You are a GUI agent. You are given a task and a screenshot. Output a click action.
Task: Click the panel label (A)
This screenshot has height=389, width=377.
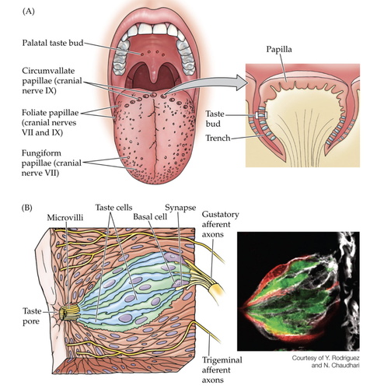pyautogui.click(x=28, y=12)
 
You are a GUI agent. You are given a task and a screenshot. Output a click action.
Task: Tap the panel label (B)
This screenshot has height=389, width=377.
pyautogui.click(x=27, y=208)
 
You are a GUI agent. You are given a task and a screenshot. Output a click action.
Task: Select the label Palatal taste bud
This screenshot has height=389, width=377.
pyautogui.click(x=53, y=43)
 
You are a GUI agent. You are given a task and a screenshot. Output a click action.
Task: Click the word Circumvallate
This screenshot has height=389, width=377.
pyautogui.click(x=48, y=71)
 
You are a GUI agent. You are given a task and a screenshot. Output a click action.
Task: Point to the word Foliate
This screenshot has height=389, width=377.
pyautogui.click(x=34, y=113)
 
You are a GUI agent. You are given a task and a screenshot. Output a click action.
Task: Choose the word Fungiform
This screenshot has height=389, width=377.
pyautogui.click(x=41, y=153)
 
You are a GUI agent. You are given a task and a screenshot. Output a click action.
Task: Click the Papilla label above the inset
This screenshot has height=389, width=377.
pyautogui.click(x=279, y=49)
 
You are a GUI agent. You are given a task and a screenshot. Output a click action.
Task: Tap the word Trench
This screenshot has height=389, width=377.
pyautogui.click(x=218, y=138)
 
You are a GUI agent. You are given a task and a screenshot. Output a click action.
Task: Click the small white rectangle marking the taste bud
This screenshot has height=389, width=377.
pyautogui.click(x=260, y=115)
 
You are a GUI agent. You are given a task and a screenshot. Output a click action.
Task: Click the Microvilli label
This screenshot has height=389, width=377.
pyautogui.click(x=65, y=218)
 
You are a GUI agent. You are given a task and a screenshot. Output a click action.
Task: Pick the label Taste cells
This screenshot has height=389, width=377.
pyautogui.click(x=113, y=208)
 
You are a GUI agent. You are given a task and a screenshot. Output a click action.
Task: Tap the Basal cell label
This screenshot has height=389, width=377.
pyautogui.click(x=150, y=216)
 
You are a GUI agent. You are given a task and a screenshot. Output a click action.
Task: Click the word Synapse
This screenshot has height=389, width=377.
pyautogui.click(x=180, y=208)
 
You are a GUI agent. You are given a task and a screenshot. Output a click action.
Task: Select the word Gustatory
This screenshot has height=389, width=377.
pyautogui.click(x=220, y=215)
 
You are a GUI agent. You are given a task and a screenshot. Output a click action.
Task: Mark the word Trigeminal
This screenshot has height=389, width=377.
pyautogui.click(x=222, y=360)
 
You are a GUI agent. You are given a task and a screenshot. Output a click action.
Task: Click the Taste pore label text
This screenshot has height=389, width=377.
pyautogui.click(x=32, y=316)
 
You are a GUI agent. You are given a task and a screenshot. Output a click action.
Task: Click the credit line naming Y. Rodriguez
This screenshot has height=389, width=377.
pyautogui.click(x=326, y=358)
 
